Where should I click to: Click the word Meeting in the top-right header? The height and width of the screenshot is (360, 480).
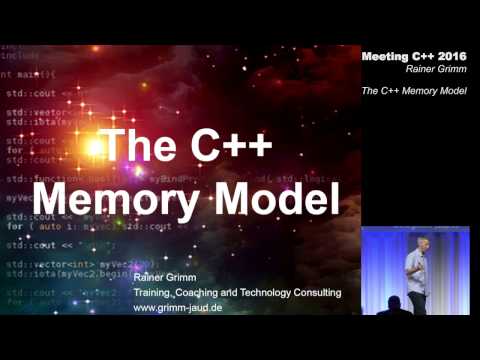[384, 56]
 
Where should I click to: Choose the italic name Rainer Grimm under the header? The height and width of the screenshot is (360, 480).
[438, 70]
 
